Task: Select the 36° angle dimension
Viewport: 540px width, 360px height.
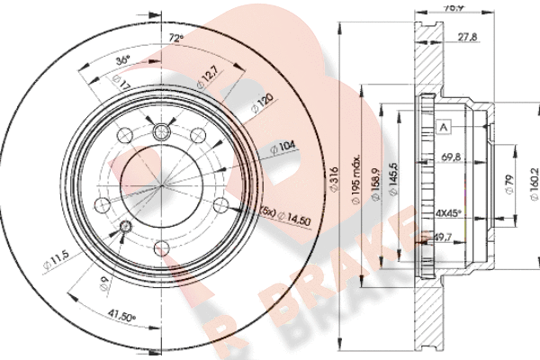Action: pyautogui.click(x=125, y=58)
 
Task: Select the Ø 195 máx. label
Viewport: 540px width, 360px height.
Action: pyautogui.click(x=357, y=184)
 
